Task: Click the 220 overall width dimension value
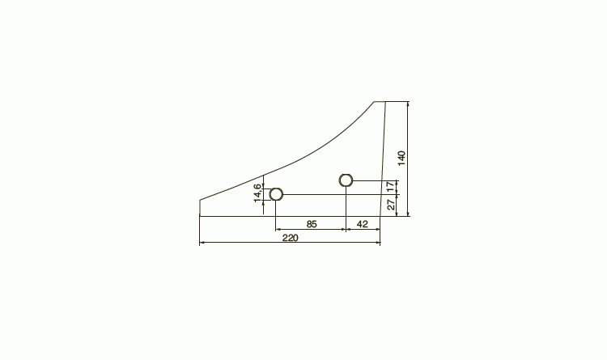(291, 238)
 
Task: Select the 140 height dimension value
(401, 159)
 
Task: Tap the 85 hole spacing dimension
(312, 224)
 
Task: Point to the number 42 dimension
(362, 224)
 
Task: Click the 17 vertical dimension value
(391, 187)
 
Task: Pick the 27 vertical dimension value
(392, 205)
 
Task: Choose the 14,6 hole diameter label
(257, 193)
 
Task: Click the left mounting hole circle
(276, 194)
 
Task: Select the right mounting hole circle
(346, 180)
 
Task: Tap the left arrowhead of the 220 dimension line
(201, 243)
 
